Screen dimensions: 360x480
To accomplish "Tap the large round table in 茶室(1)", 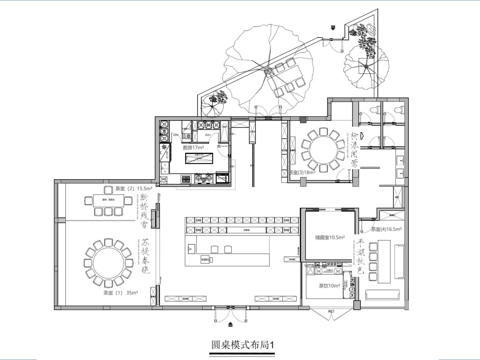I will click(x=104, y=260).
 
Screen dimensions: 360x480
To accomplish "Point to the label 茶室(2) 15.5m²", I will click(x=132, y=187).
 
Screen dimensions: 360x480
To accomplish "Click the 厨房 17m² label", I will click(x=195, y=147).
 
